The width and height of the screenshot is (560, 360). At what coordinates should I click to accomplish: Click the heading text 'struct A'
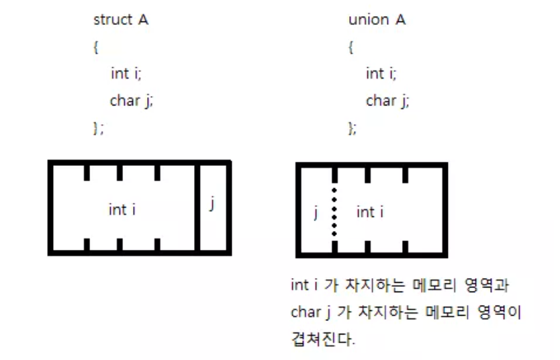tap(120, 20)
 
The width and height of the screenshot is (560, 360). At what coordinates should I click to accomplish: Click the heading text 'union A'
tap(377, 20)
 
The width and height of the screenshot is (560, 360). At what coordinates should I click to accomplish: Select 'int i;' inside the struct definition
tap(126, 74)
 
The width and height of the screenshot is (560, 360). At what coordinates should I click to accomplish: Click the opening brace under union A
tap(351, 48)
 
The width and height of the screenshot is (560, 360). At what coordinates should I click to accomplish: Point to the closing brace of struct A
tap(98, 128)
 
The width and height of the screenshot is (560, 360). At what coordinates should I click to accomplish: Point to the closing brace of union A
tap(353, 128)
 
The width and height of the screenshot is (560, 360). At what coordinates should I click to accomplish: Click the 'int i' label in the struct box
tap(122, 210)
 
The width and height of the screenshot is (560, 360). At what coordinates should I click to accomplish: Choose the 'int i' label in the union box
tap(370, 212)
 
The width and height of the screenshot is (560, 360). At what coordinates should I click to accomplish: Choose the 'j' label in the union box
tap(316, 213)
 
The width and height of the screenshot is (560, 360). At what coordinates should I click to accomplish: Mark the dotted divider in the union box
tap(334, 209)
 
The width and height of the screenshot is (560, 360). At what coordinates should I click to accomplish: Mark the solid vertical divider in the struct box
tap(196, 208)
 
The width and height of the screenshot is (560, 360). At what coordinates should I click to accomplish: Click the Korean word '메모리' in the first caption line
tap(437, 285)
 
